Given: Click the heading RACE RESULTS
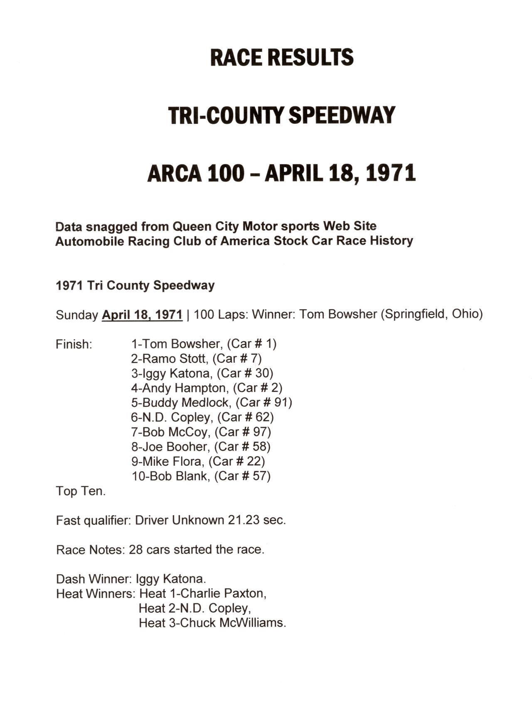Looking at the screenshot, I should (x=282, y=58).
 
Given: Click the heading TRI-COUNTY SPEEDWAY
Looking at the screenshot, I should (x=281, y=115).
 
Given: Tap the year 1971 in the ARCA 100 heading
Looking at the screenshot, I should (x=391, y=173).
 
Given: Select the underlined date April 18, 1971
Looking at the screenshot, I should (x=142, y=315).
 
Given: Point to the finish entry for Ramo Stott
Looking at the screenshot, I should (x=196, y=359).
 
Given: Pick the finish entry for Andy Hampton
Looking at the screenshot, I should (x=207, y=388).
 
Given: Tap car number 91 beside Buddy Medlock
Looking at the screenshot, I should (x=283, y=403).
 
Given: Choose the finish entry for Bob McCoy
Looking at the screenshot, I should (x=201, y=432).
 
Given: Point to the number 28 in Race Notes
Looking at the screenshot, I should (x=135, y=550).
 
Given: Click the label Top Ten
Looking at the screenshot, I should (x=81, y=491).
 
